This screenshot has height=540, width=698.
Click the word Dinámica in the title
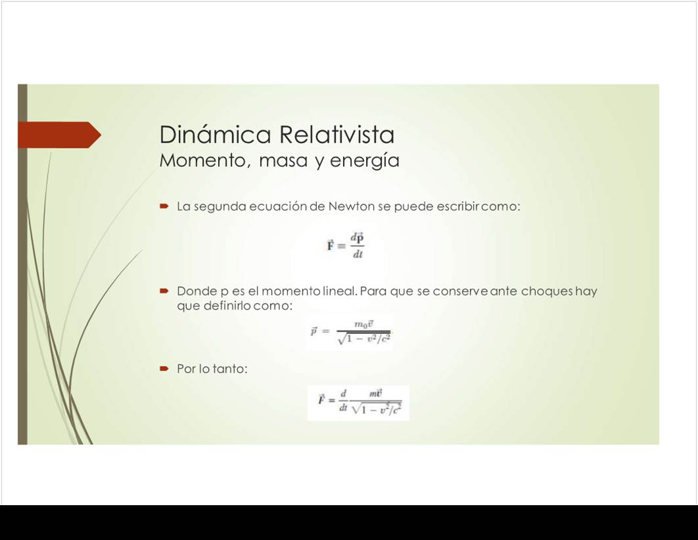(215, 134)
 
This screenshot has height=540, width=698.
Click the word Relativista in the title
(337, 134)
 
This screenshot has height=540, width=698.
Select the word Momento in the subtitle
(202, 160)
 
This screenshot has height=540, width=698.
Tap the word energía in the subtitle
(365, 160)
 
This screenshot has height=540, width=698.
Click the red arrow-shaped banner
(60, 134)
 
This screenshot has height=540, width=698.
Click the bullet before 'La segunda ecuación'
(164, 206)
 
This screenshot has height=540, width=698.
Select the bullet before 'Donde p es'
(164, 291)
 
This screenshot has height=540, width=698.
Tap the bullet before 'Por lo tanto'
(164, 369)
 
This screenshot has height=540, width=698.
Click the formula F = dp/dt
(346, 245)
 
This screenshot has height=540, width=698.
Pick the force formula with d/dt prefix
(358, 403)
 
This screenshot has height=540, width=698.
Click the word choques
(547, 292)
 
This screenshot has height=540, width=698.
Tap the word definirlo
(227, 305)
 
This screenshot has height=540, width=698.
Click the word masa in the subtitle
(283, 161)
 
